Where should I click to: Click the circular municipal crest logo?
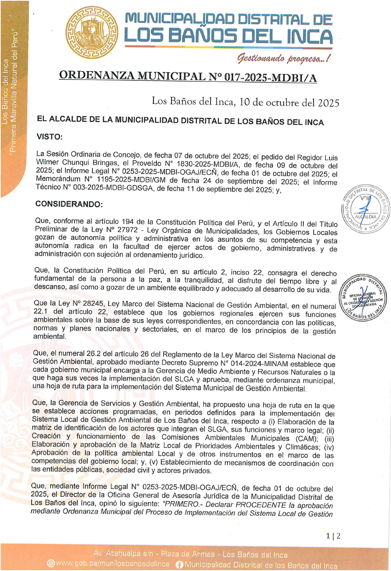point(91,32)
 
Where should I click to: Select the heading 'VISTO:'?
point(49,137)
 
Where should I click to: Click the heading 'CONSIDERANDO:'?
point(69,204)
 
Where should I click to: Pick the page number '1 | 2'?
point(333,536)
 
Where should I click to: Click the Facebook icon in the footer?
point(180,564)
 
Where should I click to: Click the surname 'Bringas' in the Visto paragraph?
point(105,162)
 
